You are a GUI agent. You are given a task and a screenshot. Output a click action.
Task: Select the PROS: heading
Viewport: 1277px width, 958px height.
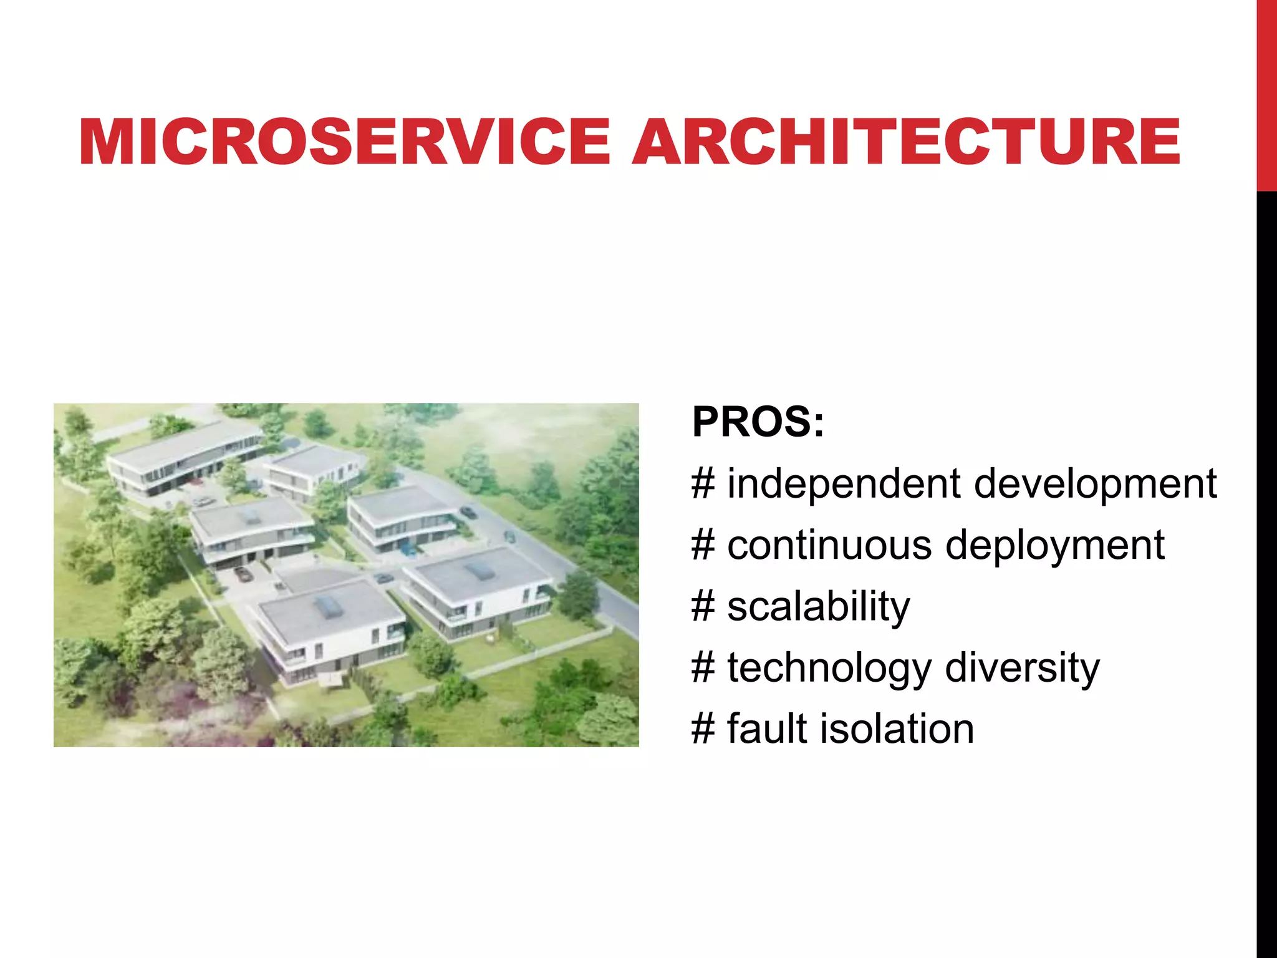[758, 422]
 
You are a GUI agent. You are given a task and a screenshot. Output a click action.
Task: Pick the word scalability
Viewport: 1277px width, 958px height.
[818, 607]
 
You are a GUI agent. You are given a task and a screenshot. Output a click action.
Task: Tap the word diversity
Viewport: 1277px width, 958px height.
[1022, 667]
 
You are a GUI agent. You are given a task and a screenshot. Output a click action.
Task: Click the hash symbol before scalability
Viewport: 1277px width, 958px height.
[703, 607]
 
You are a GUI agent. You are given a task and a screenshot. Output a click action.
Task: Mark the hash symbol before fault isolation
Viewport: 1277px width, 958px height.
[703, 728]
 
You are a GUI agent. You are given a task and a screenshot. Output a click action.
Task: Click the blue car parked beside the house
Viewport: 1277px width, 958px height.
[408, 549]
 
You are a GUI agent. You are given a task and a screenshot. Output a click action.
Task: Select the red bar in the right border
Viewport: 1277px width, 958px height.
[1266, 94]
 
